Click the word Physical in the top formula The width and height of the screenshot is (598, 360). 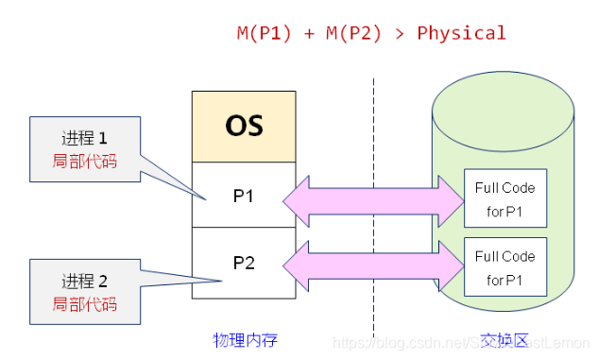pyautogui.click(x=461, y=33)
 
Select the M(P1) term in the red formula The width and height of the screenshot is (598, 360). pyautogui.click(x=262, y=33)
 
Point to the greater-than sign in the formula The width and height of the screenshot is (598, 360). pyautogui.click(x=401, y=33)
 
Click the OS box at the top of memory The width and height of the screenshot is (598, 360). pyautogui.click(x=244, y=126)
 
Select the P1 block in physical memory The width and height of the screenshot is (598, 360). pyautogui.click(x=244, y=196)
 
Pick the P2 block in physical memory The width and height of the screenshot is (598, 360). pyautogui.click(x=244, y=262)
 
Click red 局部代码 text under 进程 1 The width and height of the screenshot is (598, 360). pyautogui.click(x=85, y=162)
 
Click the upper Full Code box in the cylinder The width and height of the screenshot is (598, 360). pyautogui.click(x=505, y=198)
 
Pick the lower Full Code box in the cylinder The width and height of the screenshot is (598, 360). pyautogui.click(x=505, y=267)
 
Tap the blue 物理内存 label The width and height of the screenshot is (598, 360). pyautogui.click(x=244, y=338)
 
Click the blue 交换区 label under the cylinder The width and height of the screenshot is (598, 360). pyautogui.click(x=503, y=338)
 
